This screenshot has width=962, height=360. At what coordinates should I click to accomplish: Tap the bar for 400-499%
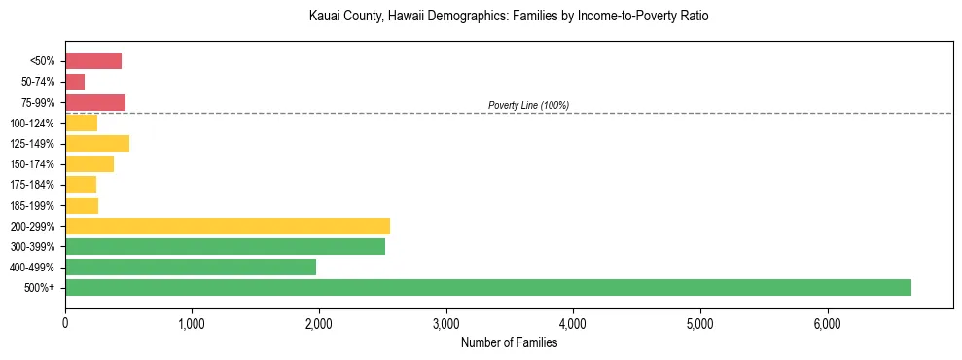click(x=191, y=267)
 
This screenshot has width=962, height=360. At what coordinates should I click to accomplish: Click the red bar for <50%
click(x=93, y=61)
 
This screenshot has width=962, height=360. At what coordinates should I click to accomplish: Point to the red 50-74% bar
click(x=75, y=82)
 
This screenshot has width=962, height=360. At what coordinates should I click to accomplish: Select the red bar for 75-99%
click(x=95, y=102)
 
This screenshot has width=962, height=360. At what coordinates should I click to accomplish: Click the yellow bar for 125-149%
click(x=97, y=144)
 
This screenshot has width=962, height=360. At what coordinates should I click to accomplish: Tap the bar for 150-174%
click(x=89, y=164)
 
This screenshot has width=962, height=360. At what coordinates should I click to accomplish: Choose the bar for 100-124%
click(x=81, y=123)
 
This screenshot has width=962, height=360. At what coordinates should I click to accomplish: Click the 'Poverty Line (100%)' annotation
click(x=528, y=105)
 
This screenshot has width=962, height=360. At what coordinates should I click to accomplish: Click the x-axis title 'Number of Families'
click(x=509, y=342)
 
